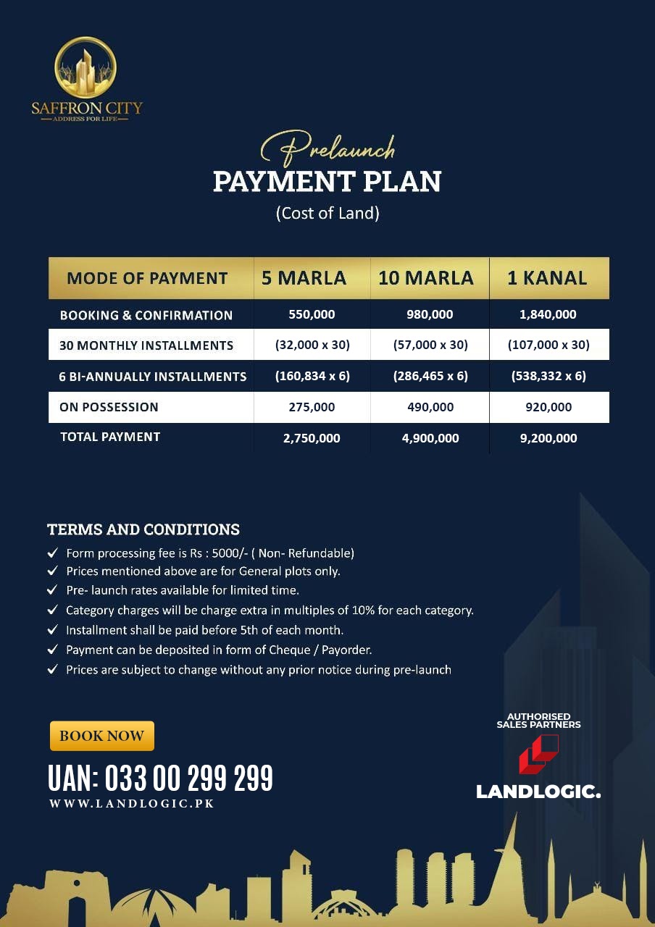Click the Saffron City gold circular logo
tap(85, 68)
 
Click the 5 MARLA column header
tap(304, 278)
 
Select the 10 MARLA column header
tap(426, 278)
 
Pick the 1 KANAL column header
tap(547, 278)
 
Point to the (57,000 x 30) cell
tap(430, 345)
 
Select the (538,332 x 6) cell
tap(548, 376)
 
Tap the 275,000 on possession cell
tap(312, 407)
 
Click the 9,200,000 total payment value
tap(548, 438)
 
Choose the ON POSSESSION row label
tap(109, 407)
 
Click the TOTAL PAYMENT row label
tap(109, 437)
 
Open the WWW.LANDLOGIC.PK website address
tap(132, 803)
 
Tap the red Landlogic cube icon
tap(538, 754)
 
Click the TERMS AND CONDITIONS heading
tap(143, 529)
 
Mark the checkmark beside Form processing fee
tap(53, 553)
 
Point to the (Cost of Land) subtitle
tap(327, 214)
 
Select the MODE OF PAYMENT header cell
tap(147, 278)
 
